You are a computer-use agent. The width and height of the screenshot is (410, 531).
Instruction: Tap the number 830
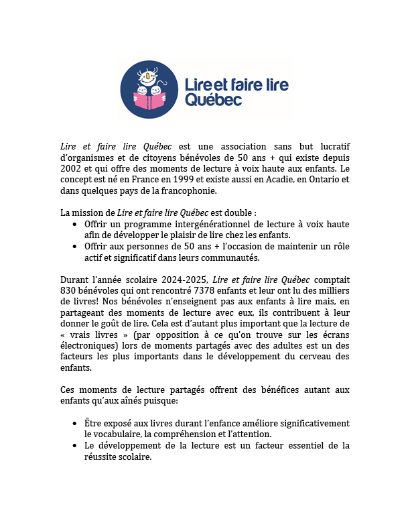tap(70, 291)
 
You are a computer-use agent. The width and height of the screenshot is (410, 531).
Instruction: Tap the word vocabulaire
tap(109, 434)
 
